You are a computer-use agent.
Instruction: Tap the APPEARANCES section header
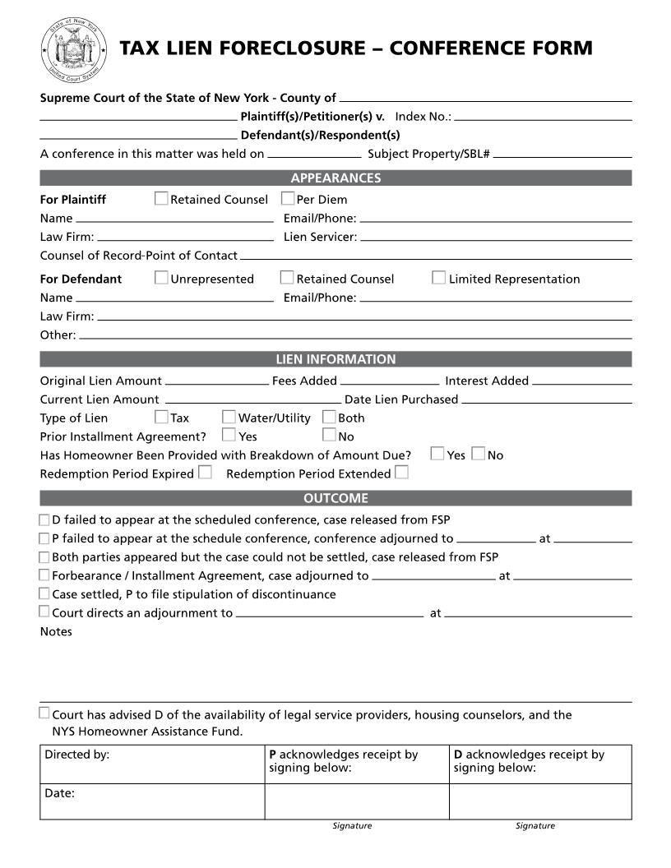335,178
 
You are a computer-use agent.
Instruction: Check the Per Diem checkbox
288,198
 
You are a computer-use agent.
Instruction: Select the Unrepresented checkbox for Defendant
161,278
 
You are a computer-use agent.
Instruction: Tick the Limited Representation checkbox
439,278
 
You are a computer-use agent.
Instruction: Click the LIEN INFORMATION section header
335,359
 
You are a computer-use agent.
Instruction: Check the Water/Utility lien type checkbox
229,417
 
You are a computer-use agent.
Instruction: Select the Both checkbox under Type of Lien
329,417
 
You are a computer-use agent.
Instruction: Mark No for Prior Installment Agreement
329,436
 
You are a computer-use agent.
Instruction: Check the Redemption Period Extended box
401,473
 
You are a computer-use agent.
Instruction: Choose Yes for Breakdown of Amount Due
437,454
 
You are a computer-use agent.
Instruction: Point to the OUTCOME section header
335,498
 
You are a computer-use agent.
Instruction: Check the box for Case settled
44,593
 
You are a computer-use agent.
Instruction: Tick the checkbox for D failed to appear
44,519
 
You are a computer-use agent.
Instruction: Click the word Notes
56,631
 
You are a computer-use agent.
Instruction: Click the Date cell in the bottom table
152,801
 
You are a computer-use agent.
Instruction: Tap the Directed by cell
152,764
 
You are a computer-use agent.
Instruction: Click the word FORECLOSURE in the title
280,48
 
